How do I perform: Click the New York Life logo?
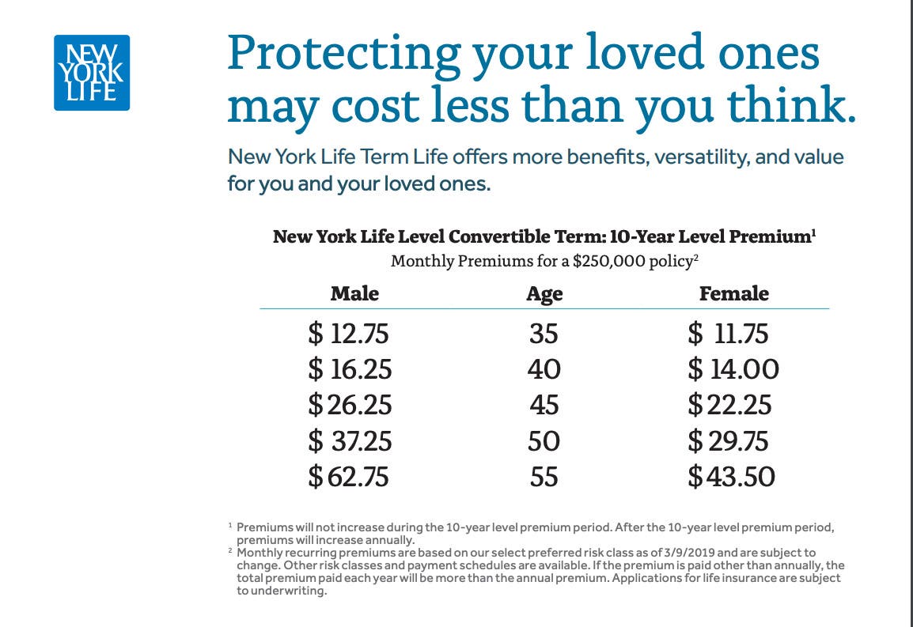(92, 73)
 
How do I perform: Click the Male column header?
(354, 293)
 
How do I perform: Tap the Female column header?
(733, 293)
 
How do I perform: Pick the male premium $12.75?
(348, 334)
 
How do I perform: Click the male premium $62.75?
(348, 477)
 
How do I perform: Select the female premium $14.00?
(733, 369)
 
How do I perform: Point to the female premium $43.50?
(731, 477)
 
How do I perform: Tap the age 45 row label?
(544, 405)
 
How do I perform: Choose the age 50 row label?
(544, 441)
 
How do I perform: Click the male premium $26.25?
(350, 405)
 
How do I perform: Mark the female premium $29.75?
(728, 441)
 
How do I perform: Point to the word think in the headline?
(791, 105)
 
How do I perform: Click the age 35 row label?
(544, 334)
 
